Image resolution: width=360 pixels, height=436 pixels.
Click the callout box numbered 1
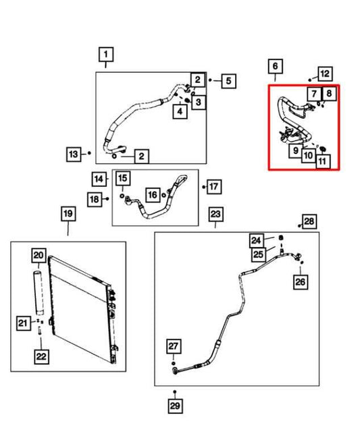tap(106, 55)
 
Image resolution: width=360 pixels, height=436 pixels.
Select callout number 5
tap(229, 81)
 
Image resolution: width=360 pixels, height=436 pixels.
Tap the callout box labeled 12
tap(325, 74)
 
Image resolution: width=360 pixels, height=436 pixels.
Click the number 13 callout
tap(74, 154)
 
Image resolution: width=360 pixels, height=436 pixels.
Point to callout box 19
tap(68, 214)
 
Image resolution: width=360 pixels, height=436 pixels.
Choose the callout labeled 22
tap(41, 356)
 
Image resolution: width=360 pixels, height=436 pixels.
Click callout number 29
tap(175, 406)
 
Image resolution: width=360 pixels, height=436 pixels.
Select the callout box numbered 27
tap(174, 346)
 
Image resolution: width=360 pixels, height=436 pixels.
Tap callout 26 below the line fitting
tap(301, 282)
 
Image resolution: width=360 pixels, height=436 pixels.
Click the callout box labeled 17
tap(214, 186)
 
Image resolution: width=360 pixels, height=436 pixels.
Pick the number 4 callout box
tap(180, 111)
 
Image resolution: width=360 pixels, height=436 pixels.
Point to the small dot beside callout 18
tap(107, 198)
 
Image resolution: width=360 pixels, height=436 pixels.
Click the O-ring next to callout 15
tap(122, 196)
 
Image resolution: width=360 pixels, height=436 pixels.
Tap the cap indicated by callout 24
tap(281, 238)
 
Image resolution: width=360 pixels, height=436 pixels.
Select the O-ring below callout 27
tap(174, 363)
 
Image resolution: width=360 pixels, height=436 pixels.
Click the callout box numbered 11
tap(322, 161)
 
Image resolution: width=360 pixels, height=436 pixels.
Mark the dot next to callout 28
tap(299, 225)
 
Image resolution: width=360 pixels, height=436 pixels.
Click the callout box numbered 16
tap(153, 194)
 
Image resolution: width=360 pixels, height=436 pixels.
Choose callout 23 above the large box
tap(215, 215)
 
